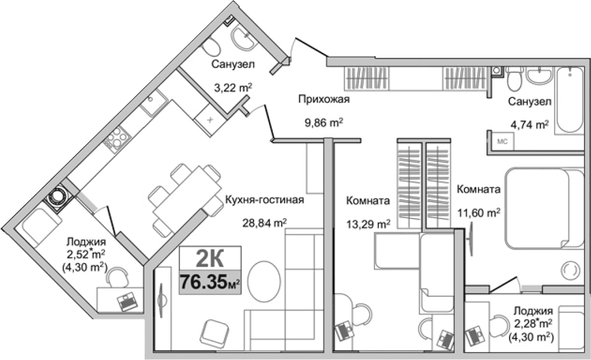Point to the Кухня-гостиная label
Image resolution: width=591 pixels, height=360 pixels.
[265, 200]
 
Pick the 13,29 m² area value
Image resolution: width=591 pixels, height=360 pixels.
[368, 223]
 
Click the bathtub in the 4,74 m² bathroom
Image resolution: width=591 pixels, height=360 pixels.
[569, 100]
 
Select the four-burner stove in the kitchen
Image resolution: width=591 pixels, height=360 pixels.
[116, 140]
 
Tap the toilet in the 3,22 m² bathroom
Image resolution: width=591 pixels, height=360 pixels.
[212, 48]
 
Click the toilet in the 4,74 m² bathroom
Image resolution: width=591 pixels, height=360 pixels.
[514, 81]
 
